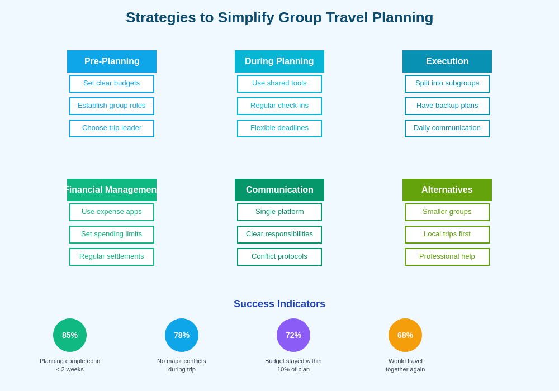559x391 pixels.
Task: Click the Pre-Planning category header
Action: pyautogui.click(x=112, y=61)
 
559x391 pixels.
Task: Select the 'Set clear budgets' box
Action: pyautogui.click(x=112, y=84)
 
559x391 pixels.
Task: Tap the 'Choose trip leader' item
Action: pyautogui.click(x=112, y=128)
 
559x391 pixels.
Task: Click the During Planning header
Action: pyautogui.click(x=279, y=61)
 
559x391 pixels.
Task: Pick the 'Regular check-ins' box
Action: pyautogui.click(x=279, y=106)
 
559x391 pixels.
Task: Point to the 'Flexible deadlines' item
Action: pyautogui.click(x=279, y=128)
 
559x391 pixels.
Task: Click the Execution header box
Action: pyautogui.click(x=447, y=61)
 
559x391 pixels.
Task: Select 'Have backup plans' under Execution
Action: pyautogui.click(x=447, y=106)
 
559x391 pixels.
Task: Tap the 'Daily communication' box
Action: pyautogui.click(x=447, y=128)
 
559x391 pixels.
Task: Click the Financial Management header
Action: pyautogui.click(x=112, y=190)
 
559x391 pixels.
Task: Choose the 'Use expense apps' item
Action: pyautogui.click(x=112, y=212)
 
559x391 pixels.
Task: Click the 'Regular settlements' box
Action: pyautogui.click(x=112, y=257)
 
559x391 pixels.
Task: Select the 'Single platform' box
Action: pyautogui.click(x=279, y=212)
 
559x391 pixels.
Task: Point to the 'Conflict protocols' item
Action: pyautogui.click(x=279, y=257)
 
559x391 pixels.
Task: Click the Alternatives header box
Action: pyautogui.click(x=447, y=190)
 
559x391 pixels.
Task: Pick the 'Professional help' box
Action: pyautogui.click(x=447, y=257)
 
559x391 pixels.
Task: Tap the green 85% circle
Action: pyautogui.click(x=70, y=335)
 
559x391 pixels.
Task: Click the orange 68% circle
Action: pyautogui.click(x=405, y=335)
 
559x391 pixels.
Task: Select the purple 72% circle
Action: pyautogui.click(x=293, y=335)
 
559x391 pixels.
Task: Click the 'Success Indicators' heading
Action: pyautogui.click(x=279, y=304)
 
